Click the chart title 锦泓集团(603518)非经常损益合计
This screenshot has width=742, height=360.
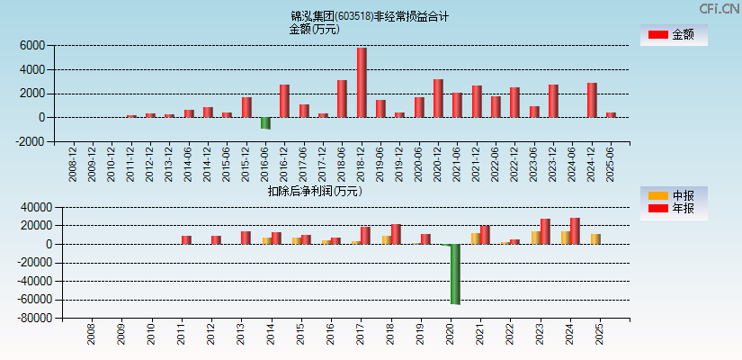click(x=370, y=16)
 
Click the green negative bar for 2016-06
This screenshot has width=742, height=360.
click(x=265, y=123)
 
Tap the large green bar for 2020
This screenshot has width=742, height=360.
click(x=455, y=274)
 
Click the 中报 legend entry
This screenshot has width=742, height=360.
click(x=672, y=195)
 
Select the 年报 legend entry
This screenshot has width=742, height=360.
click(x=672, y=209)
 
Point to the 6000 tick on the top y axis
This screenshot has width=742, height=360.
click(x=31, y=45)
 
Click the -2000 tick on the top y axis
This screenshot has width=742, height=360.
click(x=30, y=141)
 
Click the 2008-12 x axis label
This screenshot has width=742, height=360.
click(x=73, y=166)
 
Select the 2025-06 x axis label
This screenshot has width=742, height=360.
click(x=611, y=166)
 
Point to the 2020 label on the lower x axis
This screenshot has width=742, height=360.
click(x=450, y=336)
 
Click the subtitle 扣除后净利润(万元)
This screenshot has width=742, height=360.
click(x=315, y=191)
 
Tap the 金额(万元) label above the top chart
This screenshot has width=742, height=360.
click(x=314, y=29)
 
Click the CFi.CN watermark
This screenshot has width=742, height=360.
click(x=719, y=8)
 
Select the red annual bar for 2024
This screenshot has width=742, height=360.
click(x=575, y=231)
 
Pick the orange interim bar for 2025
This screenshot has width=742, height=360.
click(x=595, y=238)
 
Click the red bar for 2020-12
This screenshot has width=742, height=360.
click(x=438, y=98)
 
